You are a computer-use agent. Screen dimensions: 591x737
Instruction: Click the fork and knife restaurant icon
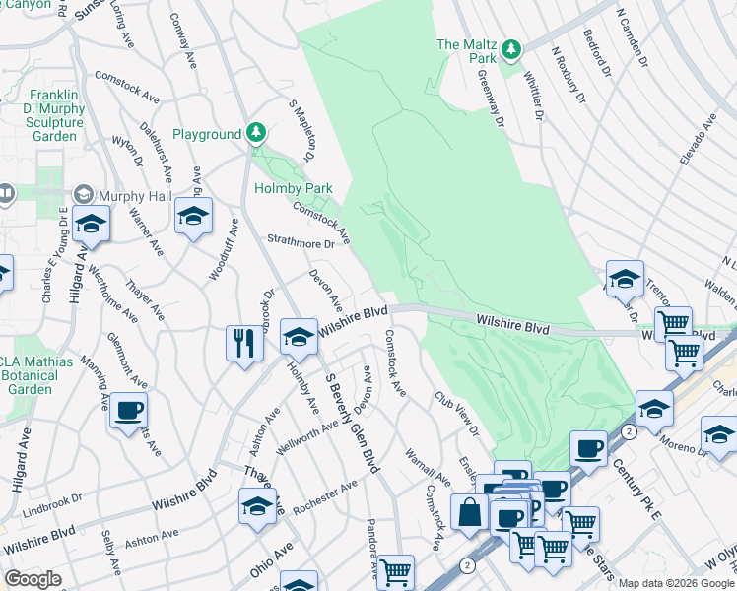[x=244, y=344]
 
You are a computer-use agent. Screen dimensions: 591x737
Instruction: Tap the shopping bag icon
[x=469, y=511]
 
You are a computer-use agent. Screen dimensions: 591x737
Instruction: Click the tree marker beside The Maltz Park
[x=510, y=48]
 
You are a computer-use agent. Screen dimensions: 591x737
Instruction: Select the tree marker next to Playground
[x=256, y=133]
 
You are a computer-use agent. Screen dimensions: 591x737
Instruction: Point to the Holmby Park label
[x=294, y=188]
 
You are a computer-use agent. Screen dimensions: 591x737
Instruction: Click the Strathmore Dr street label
[x=302, y=241]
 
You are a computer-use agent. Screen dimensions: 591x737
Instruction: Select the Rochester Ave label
[x=325, y=498]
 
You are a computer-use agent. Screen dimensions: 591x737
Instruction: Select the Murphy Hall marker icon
[x=83, y=196]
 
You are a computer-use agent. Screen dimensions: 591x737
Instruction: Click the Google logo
[x=33, y=579]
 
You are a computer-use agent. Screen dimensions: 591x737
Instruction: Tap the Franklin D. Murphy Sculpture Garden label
[x=53, y=114]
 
